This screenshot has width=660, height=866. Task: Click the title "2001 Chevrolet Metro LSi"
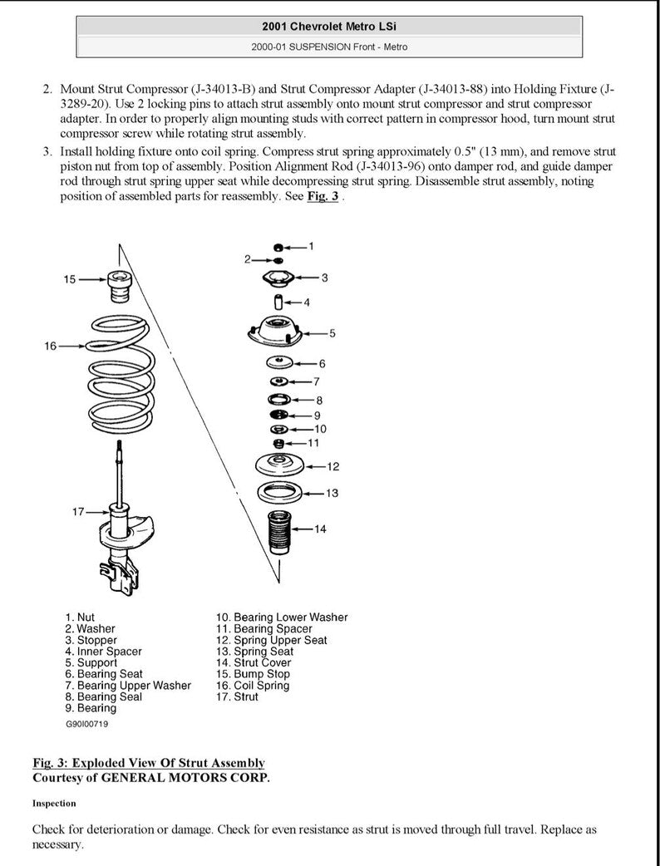coord(329,27)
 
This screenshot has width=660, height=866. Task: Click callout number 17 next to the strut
coord(77,512)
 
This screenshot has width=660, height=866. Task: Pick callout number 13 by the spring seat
coord(331,493)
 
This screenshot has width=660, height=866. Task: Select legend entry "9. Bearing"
coord(91,708)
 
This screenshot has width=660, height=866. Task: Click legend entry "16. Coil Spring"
coord(252,686)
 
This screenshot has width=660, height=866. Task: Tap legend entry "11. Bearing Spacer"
coord(264,629)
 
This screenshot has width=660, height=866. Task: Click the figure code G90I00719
coord(86,724)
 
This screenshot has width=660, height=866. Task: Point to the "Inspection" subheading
coord(54,803)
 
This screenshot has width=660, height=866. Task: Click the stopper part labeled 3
coord(279,278)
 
